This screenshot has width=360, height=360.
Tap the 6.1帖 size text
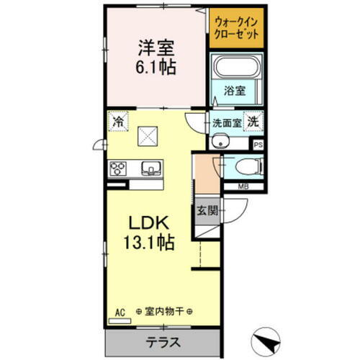(157, 69)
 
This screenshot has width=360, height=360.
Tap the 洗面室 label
(227, 122)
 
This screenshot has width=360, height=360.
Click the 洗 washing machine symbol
(253, 122)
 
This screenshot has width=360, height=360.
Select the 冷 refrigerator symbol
(118, 122)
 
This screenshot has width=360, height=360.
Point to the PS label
(258, 145)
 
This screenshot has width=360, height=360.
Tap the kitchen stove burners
(118, 169)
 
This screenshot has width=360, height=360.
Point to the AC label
(120, 311)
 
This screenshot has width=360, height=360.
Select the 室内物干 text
(167, 311)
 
